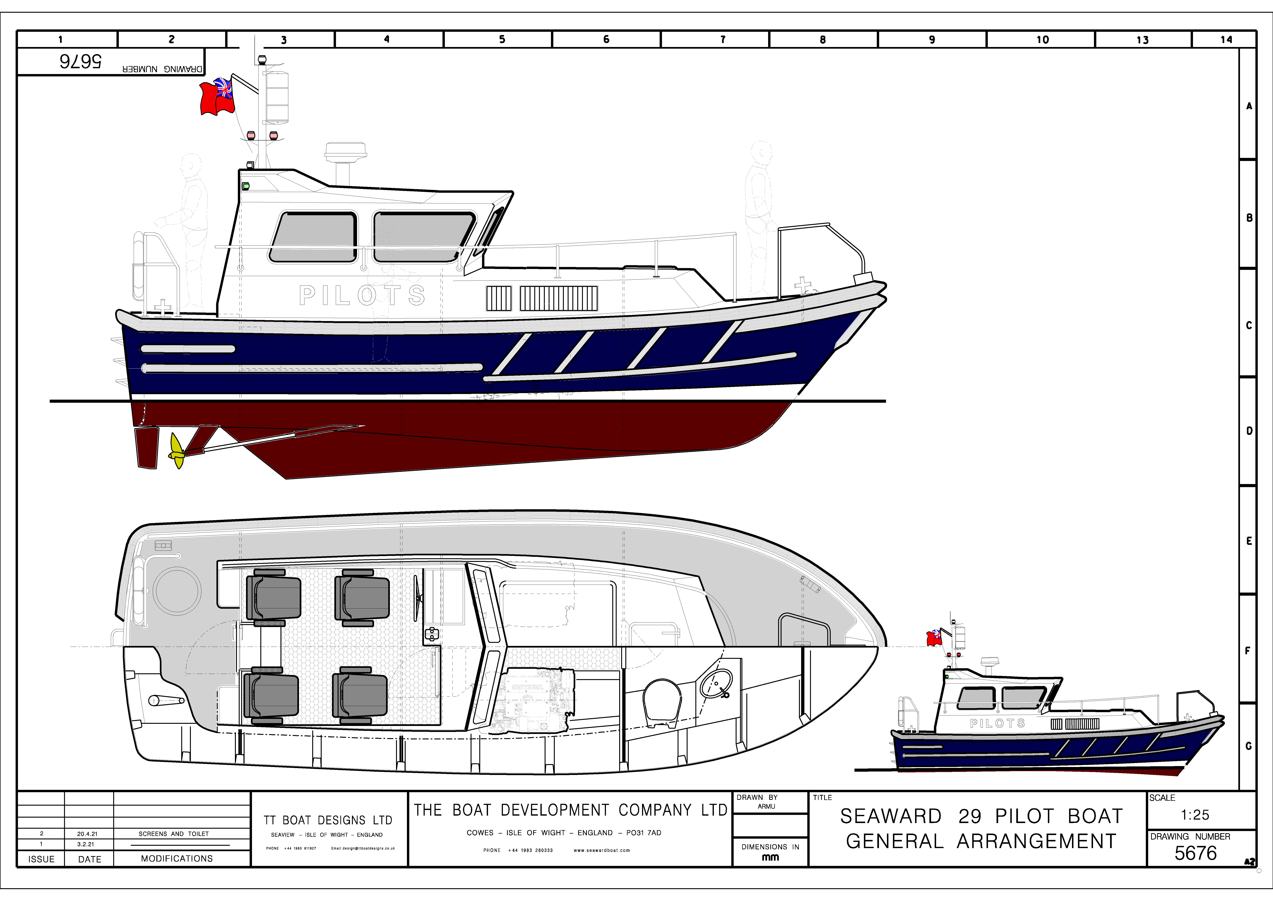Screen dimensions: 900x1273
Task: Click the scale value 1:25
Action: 1195,815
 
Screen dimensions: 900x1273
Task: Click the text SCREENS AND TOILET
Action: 174,833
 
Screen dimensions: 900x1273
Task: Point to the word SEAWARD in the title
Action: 890,816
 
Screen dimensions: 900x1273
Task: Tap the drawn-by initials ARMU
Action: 766,806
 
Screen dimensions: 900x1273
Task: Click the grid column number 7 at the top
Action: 722,39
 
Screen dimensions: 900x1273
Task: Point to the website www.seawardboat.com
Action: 602,850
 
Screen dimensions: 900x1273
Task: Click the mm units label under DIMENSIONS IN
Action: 770,857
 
